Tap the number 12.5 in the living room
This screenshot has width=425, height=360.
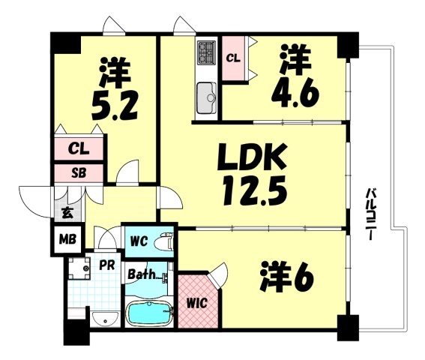tap(255, 190)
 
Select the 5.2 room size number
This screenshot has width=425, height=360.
tap(115, 106)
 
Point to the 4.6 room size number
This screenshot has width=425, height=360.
tap(295, 94)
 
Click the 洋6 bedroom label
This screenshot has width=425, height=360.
tap(287, 277)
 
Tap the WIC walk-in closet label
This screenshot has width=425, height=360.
tap(197, 303)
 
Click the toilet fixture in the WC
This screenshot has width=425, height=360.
tap(163, 241)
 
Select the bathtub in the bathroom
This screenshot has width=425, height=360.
tap(150, 313)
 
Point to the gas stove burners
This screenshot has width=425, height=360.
tap(207, 52)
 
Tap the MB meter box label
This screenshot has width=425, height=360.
tap(67, 239)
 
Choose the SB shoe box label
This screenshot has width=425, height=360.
tap(79, 172)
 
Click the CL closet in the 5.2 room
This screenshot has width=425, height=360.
tap(79, 148)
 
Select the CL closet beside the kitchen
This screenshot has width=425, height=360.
tap(233, 58)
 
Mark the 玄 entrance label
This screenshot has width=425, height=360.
tap(67, 212)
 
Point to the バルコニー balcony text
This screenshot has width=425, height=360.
tap(370, 214)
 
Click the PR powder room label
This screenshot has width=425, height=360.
tap(106, 265)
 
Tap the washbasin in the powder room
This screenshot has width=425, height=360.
tap(105, 318)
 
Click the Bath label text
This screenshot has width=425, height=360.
tap(142, 274)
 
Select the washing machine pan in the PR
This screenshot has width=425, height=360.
tap(79, 268)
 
